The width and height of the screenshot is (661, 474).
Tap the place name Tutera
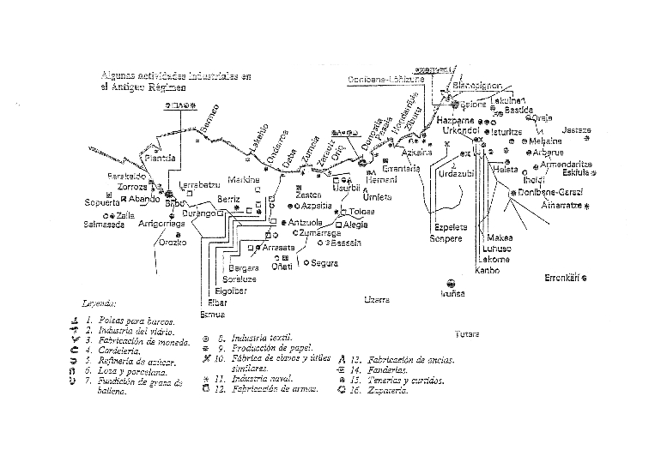coord(467,332)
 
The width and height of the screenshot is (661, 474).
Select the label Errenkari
coord(565,275)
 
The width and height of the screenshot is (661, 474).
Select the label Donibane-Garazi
coord(552,194)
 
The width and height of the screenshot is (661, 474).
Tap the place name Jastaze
coord(577,129)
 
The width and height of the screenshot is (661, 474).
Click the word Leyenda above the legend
coord(100,303)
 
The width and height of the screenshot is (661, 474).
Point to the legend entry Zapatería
coord(387,391)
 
